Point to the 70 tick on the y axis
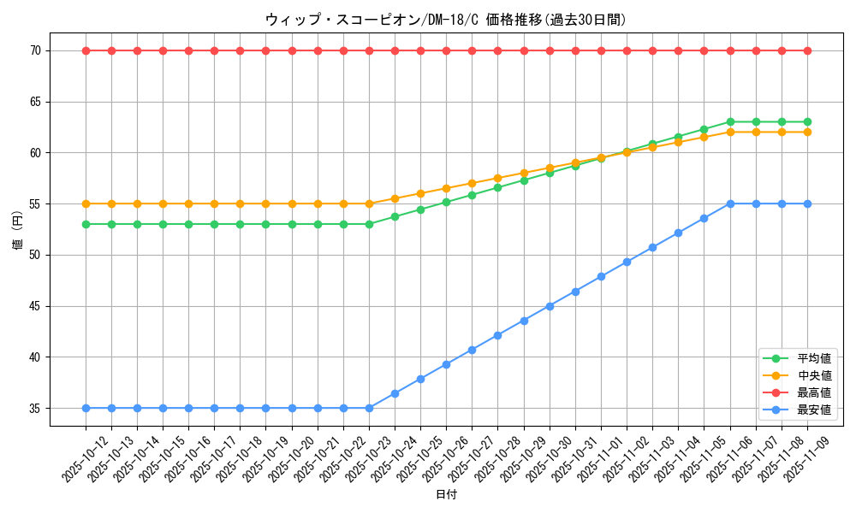pyautogui.click(x=36, y=50)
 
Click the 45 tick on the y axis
pyautogui.click(x=36, y=306)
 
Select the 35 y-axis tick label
pyautogui.click(x=36, y=408)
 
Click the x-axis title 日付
pyautogui.click(x=445, y=494)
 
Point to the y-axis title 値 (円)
pyautogui.click(x=17, y=231)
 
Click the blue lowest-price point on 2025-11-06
pyautogui.click(x=730, y=203)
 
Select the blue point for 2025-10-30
pyautogui.click(x=550, y=306)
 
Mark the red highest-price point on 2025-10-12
pyautogui.click(x=86, y=50)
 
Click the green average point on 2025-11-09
pyautogui.click(x=807, y=122)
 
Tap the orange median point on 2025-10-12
pyautogui.click(x=86, y=203)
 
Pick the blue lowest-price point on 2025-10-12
pyautogui.click(x=86, y=408)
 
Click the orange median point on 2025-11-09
pyautogui.click(x=807, y=133)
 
